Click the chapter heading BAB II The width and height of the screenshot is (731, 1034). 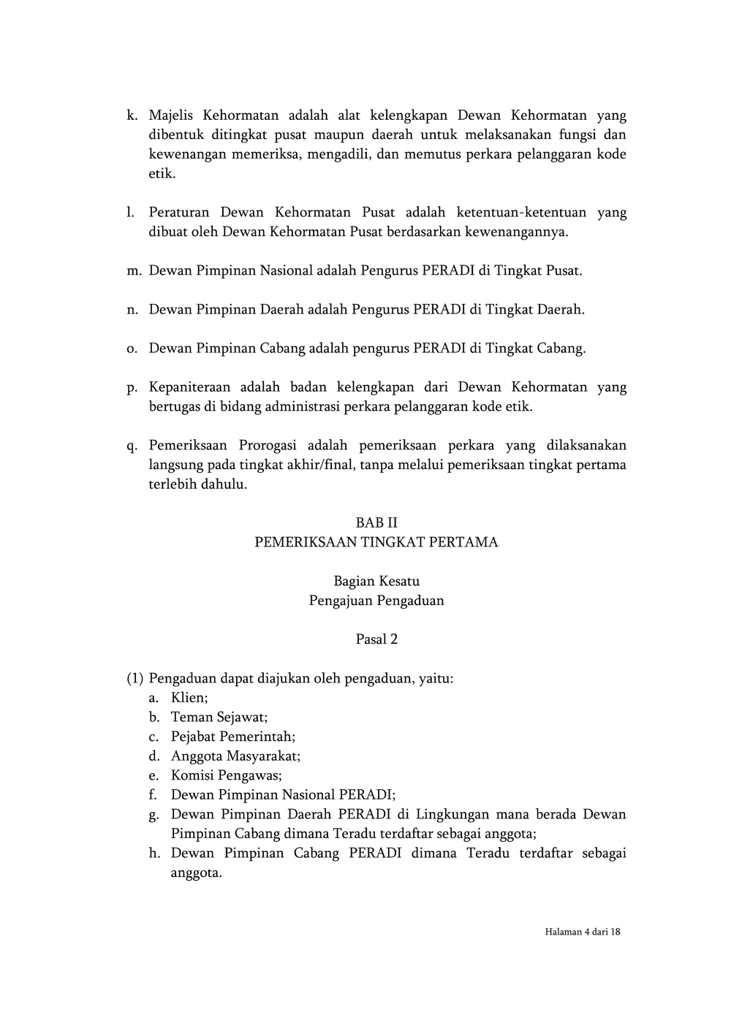376,523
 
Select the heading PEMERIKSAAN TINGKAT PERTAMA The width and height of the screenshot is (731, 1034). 376,542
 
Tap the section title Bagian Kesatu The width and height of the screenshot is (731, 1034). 376,582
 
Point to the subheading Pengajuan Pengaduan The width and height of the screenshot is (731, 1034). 376,601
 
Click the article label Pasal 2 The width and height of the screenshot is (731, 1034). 376,639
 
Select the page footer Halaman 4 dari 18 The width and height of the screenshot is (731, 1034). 582,932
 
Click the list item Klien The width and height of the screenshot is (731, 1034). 189,698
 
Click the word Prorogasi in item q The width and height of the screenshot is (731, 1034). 266,446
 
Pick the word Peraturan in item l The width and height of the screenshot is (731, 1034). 179,213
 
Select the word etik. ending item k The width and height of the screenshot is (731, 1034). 162,174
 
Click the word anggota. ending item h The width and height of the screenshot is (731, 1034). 196,873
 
